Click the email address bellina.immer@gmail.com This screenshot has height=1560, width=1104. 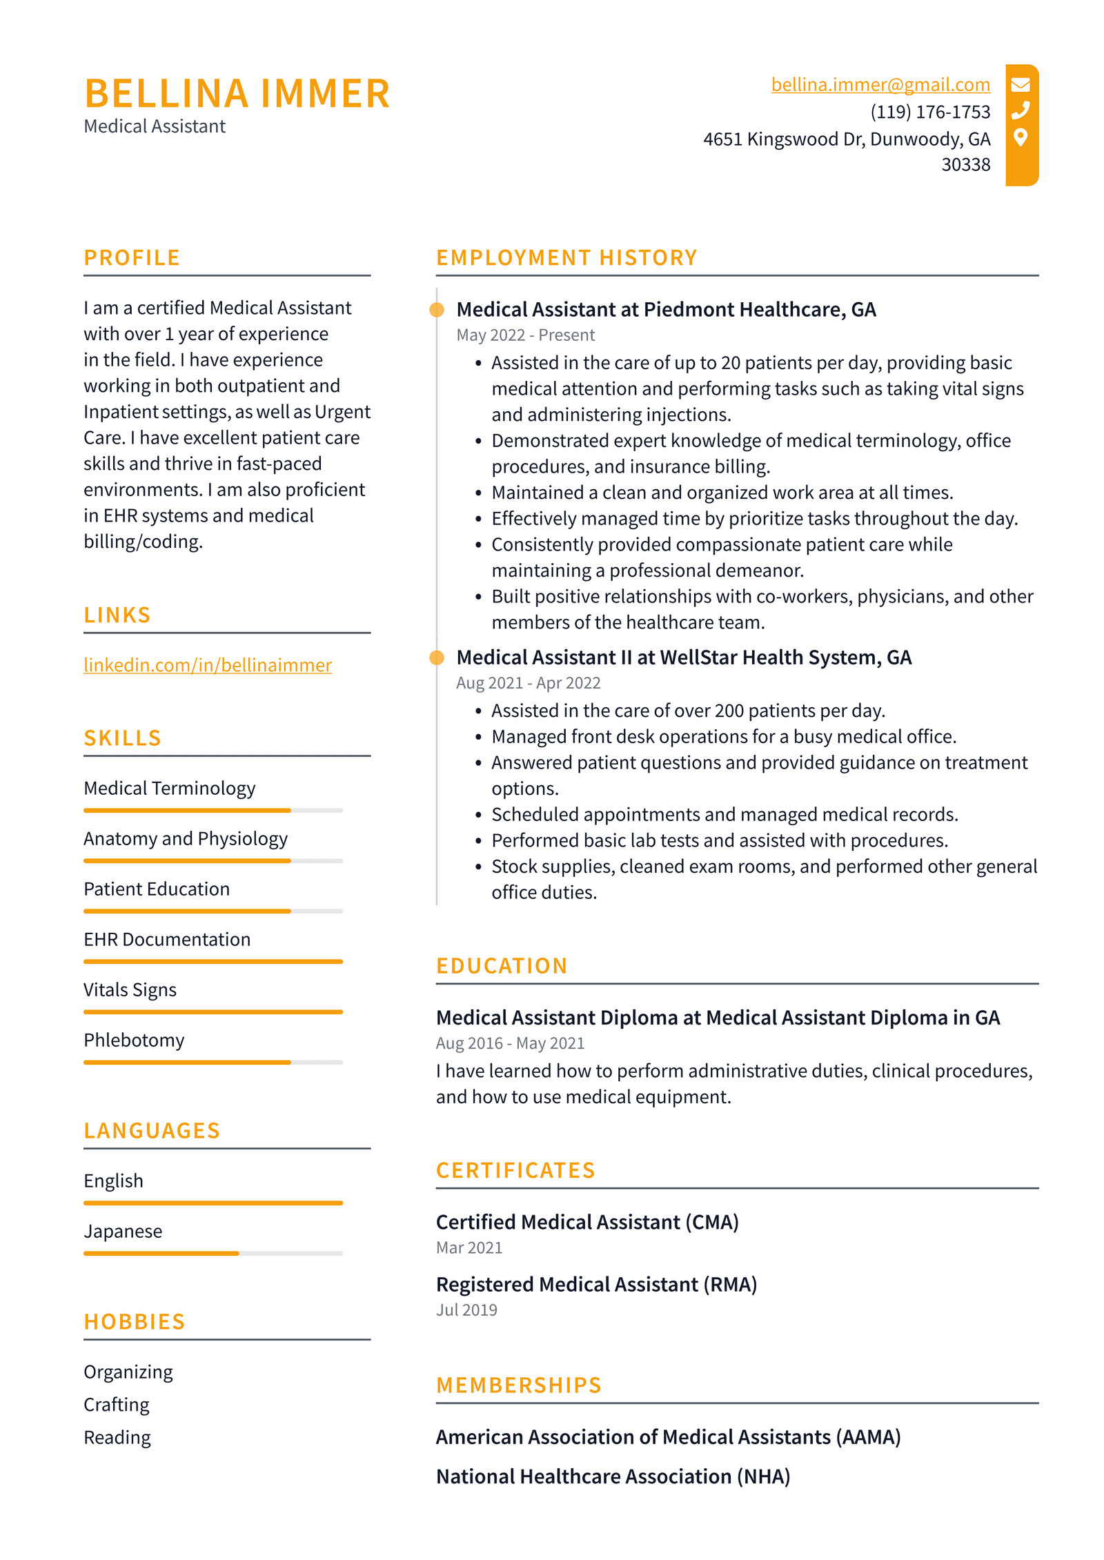(880, 84)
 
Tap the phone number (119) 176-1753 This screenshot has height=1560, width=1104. (929, 111)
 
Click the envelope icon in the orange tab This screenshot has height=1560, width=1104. (1020, 84)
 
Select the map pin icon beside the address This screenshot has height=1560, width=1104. (1020, 137)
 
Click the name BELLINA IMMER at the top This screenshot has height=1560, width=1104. (237, 93)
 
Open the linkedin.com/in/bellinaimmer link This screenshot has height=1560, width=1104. (207, 664)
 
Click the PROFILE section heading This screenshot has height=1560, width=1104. (132, 257)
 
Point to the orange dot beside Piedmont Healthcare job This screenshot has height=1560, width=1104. (436, 310)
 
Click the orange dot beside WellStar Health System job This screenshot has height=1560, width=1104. (436, 658)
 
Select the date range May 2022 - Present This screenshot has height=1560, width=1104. (525, 335)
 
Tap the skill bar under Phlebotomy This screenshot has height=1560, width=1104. (213, 1062)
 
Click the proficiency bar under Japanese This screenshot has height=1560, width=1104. (213, 1253)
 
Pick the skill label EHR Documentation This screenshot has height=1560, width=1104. (167, 939)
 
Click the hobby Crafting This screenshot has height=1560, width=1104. (117, 1404)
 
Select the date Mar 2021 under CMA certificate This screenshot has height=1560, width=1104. (469, 1247)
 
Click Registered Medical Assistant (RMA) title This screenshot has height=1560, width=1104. (596, 1284)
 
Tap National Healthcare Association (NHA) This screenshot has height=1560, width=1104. (613, 1476)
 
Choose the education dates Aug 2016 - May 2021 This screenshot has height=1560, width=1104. (510, 1043)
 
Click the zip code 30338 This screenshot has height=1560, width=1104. (965, 164)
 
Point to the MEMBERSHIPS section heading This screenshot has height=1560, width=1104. (519, 1385)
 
